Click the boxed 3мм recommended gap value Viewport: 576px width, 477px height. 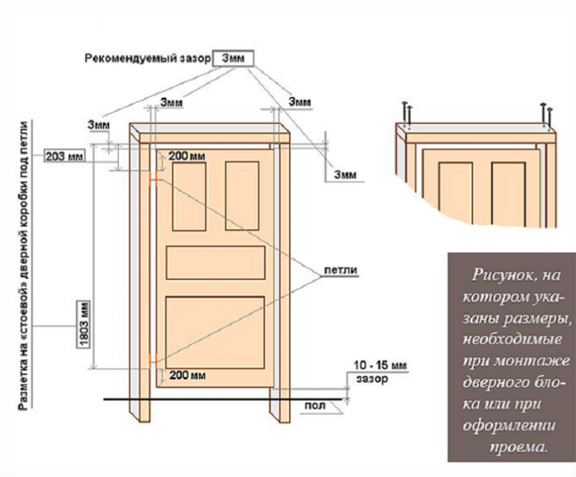coord(233,59)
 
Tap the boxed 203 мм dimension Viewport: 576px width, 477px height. coord(65,156)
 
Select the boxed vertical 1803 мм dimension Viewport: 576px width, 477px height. coord(83,324)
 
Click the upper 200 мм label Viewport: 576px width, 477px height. coord(186,156)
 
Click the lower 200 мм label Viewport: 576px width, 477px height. coord(187,376)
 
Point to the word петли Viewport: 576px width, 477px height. coord(340,270)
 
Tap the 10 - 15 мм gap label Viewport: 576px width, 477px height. coord(380,365)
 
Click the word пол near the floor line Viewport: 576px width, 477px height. coord(316,406)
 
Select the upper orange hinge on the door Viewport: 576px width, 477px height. coord(154,178)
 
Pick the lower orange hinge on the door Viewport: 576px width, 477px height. coord(154,361)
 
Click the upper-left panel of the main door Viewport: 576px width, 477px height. coord(189,196)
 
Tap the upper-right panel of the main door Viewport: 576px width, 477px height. coord(242,196)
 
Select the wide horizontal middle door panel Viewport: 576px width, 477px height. coord(216,263)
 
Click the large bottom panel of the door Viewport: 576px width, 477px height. coord(215,332)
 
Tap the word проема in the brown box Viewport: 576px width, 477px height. coord(517,447)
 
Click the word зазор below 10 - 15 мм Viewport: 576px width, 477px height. coord(372,379)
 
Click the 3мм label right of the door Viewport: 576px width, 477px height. coord(345,175)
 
